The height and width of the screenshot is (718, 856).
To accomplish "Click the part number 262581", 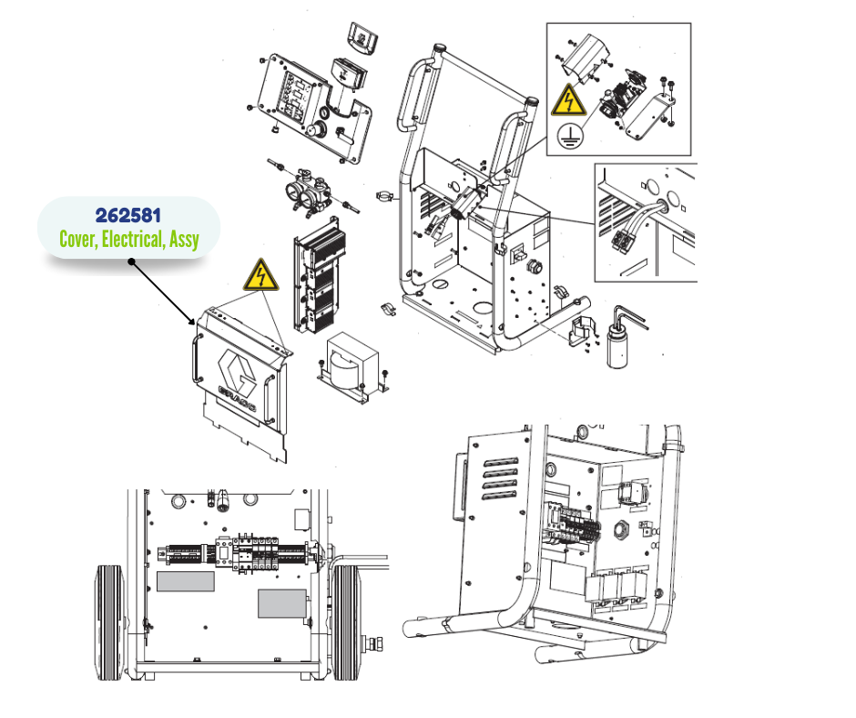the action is tap(128, 215).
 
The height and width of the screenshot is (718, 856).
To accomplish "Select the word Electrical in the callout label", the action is tap(133, 240).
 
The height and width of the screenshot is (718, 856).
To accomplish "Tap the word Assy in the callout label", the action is tap(184, 240).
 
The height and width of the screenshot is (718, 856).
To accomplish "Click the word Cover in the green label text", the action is tap(78, 240).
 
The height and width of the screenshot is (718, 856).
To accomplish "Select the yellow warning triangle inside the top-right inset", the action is tap(568, 100).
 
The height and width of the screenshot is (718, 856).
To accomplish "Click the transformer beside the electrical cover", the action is tap(352, 364).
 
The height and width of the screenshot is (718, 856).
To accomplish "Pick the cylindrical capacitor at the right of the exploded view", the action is tap(617, 345).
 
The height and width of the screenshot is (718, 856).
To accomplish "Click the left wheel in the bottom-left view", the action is tap(111, 622).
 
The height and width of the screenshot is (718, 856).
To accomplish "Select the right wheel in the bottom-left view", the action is tap(346, 622).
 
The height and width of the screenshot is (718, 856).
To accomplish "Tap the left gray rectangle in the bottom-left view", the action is tap(186, 581).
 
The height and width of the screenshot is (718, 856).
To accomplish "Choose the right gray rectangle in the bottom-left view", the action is tap(281, 604).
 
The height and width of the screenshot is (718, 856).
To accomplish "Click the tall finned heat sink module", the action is tap(320, 275).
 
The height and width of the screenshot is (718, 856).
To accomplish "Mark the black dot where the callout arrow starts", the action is tap(131, 262).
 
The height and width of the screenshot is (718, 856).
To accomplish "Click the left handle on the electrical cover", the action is tap(196, 358).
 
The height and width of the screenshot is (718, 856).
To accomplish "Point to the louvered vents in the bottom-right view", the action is tap(501, 479).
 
